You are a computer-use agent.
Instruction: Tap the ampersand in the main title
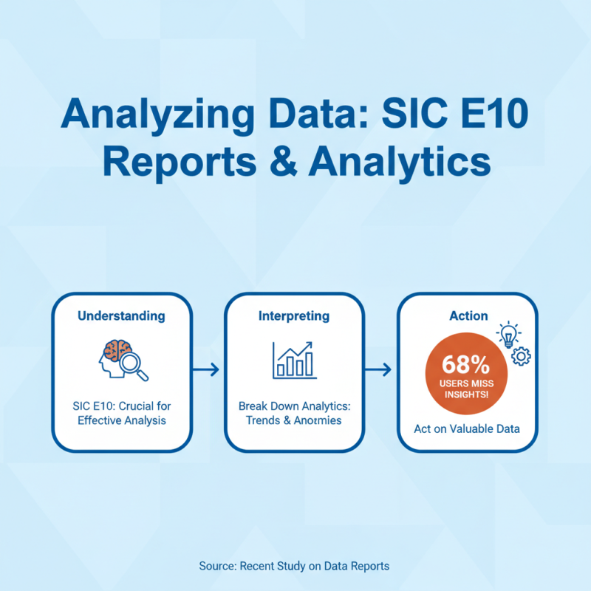282,161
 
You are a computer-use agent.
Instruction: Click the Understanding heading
121,315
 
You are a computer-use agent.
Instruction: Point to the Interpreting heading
293,315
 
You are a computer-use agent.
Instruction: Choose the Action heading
468,315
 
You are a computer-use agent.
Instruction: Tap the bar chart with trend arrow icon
293,360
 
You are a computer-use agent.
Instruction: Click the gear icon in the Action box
522,356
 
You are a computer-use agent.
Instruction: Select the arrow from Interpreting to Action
380,369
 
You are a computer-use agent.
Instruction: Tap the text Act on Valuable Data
468,428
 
